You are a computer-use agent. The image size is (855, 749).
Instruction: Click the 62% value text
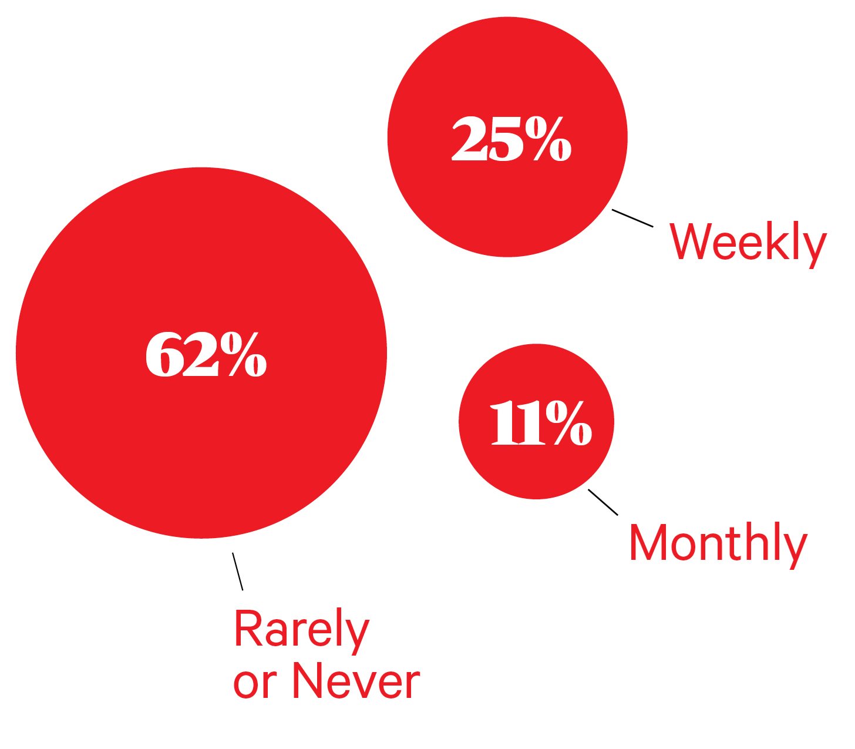(x=206, y=355)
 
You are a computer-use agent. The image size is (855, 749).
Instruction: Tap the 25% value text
(x=511, y=139)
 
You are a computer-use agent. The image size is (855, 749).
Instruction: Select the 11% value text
(x=541, y=423)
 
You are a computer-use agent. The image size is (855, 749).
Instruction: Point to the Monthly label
(x=718, y=544)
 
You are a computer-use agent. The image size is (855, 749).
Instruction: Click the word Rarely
(x=301, y=629)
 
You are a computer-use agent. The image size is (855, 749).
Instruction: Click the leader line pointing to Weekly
(x=632, y=218)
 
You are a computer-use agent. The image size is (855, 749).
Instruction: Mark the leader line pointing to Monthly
(x=603, y=502)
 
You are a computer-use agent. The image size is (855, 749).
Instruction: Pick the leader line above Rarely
(x=237, y=572)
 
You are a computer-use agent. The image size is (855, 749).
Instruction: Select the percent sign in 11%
(x=568, y=423)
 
